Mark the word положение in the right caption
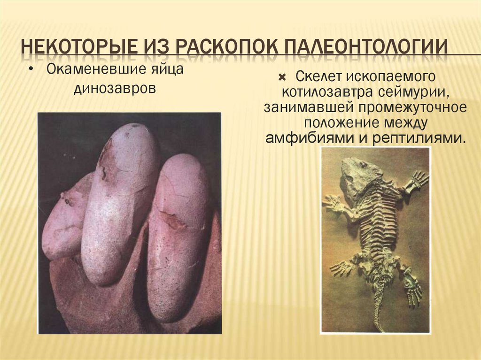(336, 123)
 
